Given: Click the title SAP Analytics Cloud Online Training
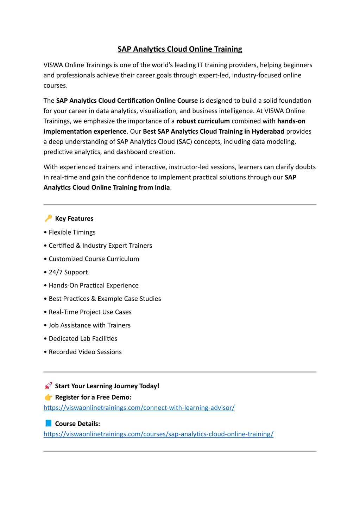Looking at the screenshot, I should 180,49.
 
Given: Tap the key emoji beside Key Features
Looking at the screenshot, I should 48,218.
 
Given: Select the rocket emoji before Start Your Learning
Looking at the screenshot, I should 48,386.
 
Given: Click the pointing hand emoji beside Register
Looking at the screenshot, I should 48,397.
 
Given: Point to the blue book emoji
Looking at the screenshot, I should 48,424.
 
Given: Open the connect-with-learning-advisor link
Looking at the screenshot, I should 139,408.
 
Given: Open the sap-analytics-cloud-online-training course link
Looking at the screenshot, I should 158,434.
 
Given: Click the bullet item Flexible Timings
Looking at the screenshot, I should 72,233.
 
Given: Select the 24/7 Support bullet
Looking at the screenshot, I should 68,272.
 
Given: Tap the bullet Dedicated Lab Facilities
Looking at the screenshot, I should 83,339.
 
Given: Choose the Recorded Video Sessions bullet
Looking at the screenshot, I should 85,352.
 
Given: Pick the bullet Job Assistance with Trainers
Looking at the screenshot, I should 89,325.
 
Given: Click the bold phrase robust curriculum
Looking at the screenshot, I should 203,121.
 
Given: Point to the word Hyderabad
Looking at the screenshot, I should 268,132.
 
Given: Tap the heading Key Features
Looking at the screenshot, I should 74,219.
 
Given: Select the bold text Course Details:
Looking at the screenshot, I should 77,424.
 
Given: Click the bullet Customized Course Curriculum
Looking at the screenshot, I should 94,259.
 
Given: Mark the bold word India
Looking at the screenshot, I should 162,187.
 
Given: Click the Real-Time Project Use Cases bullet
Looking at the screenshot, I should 90,312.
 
